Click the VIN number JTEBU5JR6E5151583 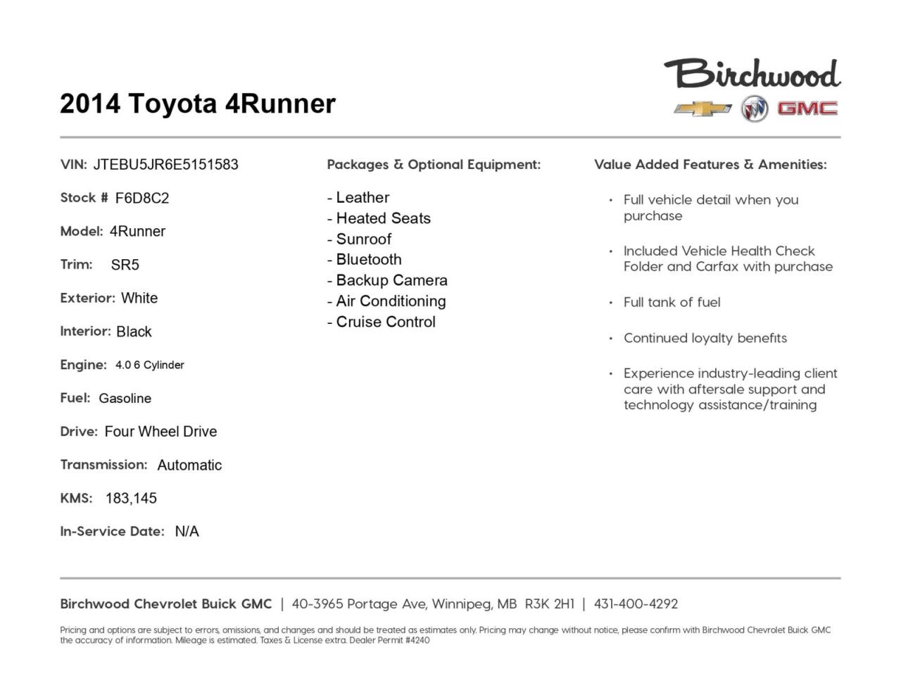click(x=165, y=165)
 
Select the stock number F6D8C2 click(x=142, y=198)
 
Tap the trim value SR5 click(x=125, y=265)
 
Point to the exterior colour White click(x=139, y=298)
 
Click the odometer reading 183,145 click(x=131, y=499)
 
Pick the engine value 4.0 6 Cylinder click(x=150, y=365)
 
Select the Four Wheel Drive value click(x=160, y=432)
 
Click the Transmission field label click(x=103, y=465)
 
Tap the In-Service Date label click(x=112, y=532)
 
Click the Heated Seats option click(x=383, y=218)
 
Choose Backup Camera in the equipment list click(x=391, y=280)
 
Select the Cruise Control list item click(x=386, y=322)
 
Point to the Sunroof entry click(x=363, y=239)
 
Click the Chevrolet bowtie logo click(x=702, y=109)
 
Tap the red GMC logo click(x=807, y=108)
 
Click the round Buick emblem click(x=754, y=109)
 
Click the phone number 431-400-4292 click(x=636, y=604)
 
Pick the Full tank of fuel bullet click(x=672, y=303)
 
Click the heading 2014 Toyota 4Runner click(x=198, y=104)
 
